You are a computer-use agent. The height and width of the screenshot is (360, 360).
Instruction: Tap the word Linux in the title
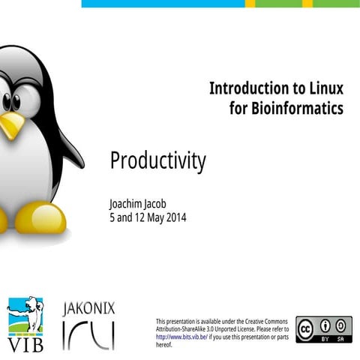[323, 88]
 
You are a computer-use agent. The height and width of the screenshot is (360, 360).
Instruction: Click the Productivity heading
[157, 160]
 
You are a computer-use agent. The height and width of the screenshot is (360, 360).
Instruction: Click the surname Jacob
[163, 204]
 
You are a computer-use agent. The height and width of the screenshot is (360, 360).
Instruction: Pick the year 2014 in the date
[173, 218]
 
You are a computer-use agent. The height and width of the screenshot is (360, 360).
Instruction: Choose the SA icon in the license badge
[341, 325]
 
